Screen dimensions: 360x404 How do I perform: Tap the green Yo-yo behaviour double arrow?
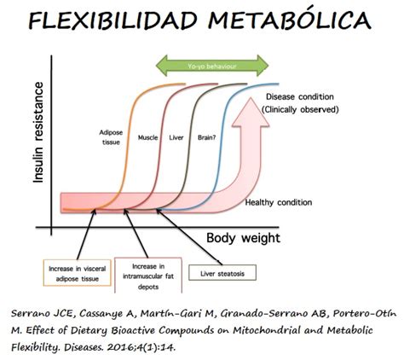coord(214,66)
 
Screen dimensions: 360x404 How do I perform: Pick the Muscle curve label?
coord(154,136)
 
